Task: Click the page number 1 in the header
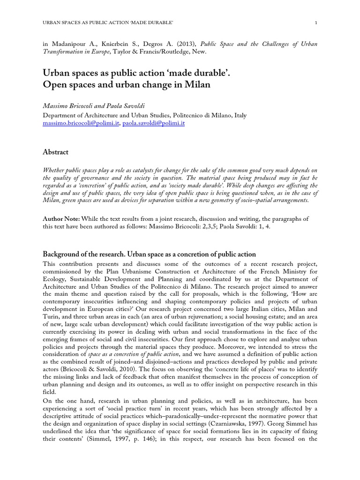[316, 23]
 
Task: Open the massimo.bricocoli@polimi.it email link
[81, 123]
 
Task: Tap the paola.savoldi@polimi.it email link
[154, 123]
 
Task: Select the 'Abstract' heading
[55, 152]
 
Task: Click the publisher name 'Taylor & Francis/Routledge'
[150, 52]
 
